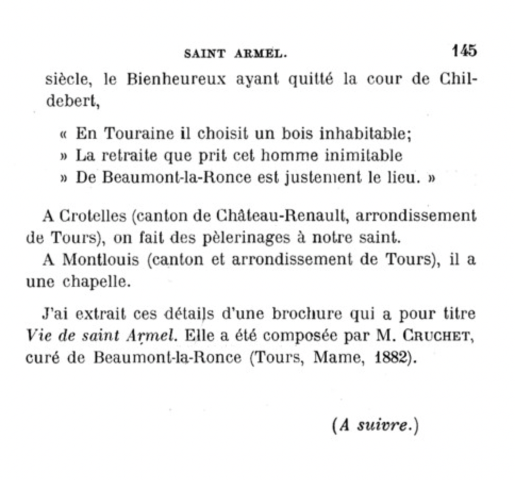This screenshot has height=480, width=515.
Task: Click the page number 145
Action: tap(464, 51)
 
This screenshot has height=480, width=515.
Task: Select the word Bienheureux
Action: tap(176, 80)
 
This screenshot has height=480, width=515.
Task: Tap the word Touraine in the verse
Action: tap(139, 134)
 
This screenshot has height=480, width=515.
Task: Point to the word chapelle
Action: tap(96, 282)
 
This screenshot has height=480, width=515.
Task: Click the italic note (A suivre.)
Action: tap(375, 426)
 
